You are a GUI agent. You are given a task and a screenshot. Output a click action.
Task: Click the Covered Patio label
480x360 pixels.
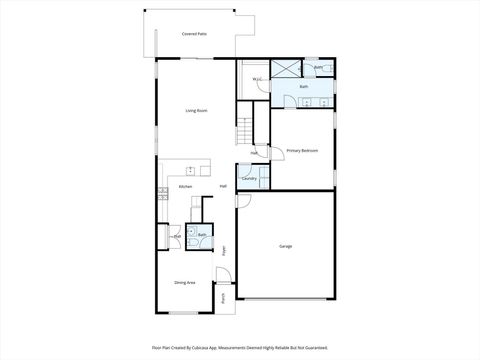[194, 34]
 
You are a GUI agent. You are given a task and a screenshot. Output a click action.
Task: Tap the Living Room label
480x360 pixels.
[196, 110]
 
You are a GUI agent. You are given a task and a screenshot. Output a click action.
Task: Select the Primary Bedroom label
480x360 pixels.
[302, 150]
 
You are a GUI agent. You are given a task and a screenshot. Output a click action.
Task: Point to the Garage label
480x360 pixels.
[285, 245]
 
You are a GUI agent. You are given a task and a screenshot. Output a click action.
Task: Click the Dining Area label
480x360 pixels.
[184, 283]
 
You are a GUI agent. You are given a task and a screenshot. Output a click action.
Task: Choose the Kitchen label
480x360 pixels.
[185, 187]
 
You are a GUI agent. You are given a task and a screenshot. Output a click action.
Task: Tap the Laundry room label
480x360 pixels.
[249, 179]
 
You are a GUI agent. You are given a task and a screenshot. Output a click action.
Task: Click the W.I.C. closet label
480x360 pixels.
[257, 78]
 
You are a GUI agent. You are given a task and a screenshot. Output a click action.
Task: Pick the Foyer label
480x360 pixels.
[224, 250]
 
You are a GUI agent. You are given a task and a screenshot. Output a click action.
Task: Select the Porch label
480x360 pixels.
[224, 296]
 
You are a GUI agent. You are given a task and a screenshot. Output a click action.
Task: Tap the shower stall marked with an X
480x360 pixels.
[286, 69]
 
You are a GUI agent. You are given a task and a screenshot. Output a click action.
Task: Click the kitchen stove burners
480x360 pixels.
[161, 194]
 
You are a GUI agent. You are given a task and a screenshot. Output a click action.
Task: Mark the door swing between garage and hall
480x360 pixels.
[241, 199]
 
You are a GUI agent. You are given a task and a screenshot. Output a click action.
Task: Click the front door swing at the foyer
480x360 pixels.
[222, 275]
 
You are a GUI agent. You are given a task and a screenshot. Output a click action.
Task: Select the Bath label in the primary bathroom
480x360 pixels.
[304, 87]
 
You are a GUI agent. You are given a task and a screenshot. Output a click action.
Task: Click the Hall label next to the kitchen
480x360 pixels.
[223, 187]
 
